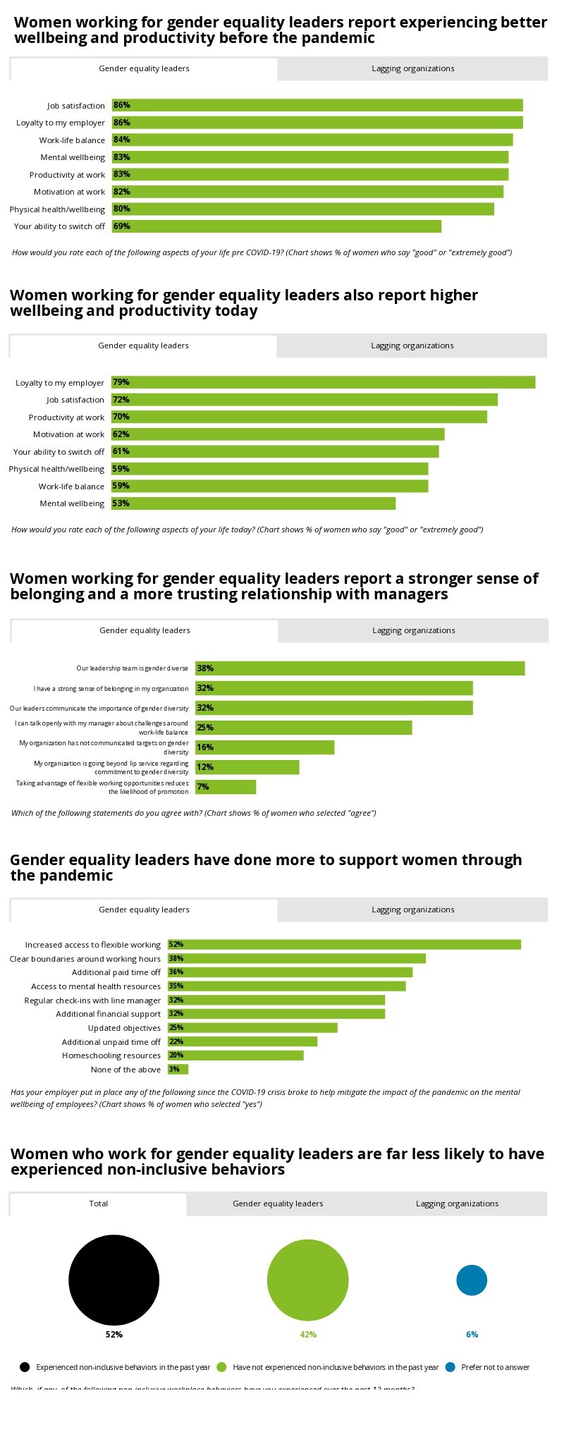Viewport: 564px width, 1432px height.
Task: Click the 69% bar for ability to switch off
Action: (276, 226)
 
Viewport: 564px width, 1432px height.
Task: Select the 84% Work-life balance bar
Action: (312, 140)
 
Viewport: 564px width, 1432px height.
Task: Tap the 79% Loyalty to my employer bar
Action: (323, 382)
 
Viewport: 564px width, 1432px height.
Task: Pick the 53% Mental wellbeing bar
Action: (253, 503)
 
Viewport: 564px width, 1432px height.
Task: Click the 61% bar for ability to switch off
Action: (275, 451)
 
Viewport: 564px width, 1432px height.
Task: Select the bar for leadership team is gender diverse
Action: (360, 668)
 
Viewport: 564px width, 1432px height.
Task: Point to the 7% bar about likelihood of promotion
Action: (226, 787)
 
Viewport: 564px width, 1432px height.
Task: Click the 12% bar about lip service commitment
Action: (247, 767)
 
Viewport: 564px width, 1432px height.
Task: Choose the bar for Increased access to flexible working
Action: (344, 945)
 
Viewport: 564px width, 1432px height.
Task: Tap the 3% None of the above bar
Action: (178, 1070)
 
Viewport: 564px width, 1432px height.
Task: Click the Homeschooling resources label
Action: (111, 1055)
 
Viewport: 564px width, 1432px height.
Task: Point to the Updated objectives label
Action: (124, 1028)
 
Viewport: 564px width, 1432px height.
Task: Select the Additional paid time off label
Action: (116, 972)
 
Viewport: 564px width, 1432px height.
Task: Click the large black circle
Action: (114, 1280)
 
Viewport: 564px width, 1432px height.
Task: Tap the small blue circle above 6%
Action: (472, 1280)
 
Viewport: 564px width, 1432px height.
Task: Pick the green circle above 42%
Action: (308, 1280)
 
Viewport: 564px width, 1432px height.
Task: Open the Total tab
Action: (99, 1204)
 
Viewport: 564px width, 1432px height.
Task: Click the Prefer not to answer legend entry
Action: (495, 1367)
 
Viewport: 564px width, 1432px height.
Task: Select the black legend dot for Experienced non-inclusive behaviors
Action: (25, 1367)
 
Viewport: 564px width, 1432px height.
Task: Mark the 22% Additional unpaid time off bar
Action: (243, 1041)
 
